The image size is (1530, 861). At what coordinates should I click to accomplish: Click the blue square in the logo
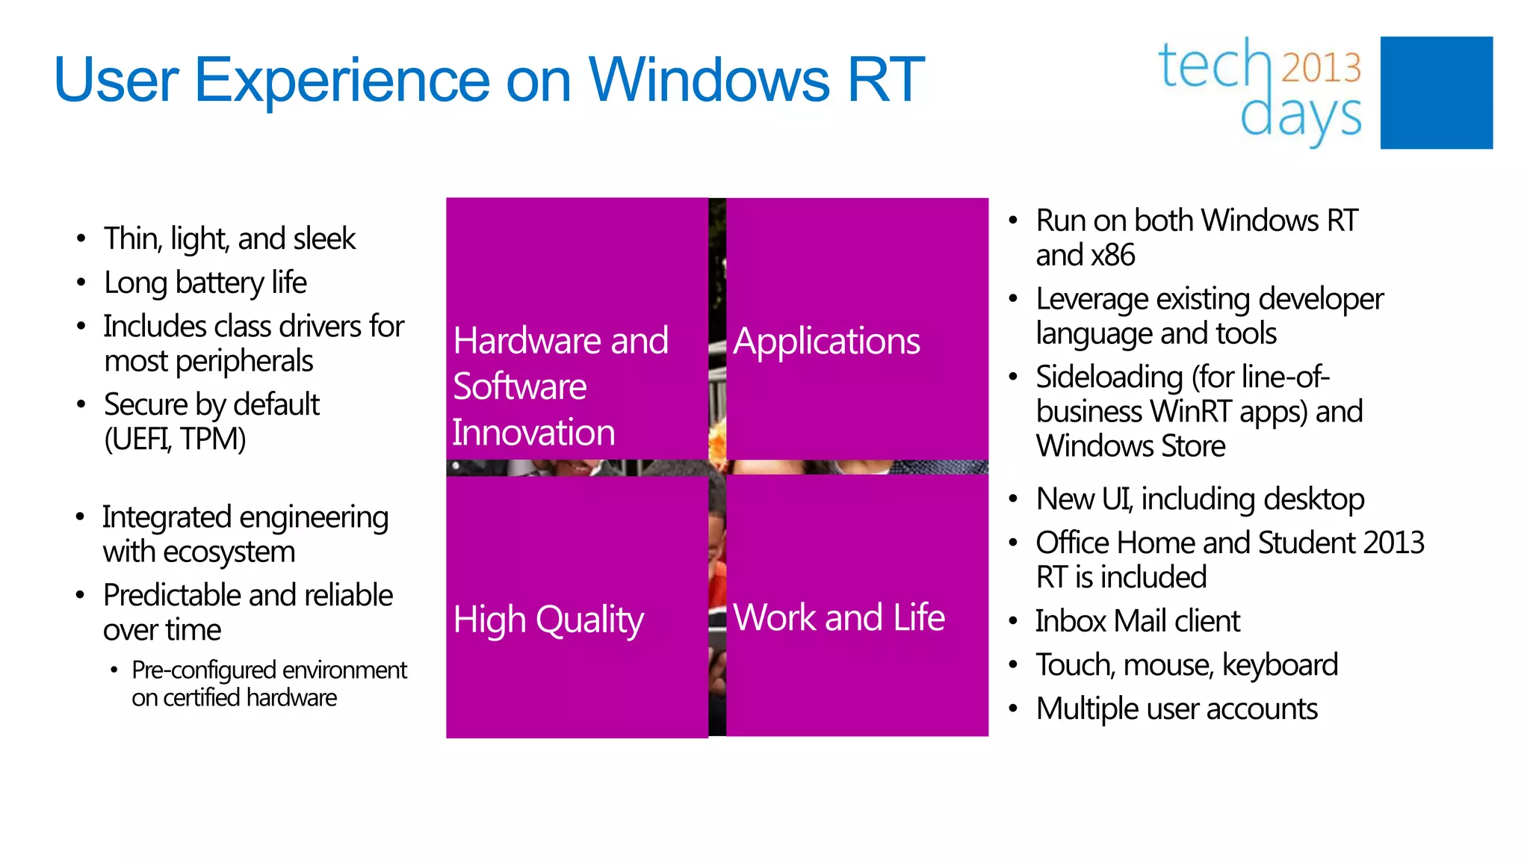click(1436, 93)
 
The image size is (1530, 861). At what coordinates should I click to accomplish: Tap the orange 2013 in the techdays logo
click(1321, 67)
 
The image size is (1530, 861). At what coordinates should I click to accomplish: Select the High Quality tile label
click(548, 620)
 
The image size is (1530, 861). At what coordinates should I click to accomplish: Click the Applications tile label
click(826, 342)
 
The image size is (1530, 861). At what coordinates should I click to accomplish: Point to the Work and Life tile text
click(838, 617)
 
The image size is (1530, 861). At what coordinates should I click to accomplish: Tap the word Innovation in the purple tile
click(533, 433)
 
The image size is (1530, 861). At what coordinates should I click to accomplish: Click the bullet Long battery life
click(205, 283)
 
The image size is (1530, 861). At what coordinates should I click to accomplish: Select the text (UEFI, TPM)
click(175, 439)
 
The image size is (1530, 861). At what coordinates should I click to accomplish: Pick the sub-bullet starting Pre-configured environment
click(269, 670)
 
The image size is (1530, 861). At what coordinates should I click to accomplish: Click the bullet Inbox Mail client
click(1137, 621)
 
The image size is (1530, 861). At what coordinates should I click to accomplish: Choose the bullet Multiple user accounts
click(1177, 709)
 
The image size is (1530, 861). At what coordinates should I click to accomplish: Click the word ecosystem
click(229, 552)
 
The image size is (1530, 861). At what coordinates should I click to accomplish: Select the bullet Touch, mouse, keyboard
click(1186, 664)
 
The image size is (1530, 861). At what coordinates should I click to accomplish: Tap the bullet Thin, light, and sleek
click(229, 238)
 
